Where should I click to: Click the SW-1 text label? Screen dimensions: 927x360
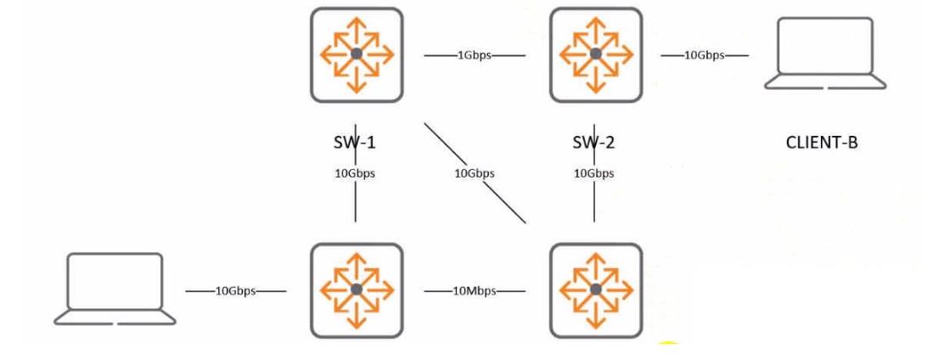355,142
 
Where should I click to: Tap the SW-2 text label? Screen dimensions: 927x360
594,142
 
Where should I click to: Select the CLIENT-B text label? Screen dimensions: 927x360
822,143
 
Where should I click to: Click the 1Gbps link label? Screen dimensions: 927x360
475,55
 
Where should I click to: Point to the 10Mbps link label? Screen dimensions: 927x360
475,291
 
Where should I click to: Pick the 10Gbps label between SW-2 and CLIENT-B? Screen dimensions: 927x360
705,55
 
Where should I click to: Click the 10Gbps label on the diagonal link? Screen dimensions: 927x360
475,174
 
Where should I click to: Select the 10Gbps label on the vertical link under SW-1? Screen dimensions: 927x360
355,174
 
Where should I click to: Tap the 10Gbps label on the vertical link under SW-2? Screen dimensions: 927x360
594,174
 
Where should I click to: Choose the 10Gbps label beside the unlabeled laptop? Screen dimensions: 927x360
235,291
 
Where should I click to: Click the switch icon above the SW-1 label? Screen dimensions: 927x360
357,54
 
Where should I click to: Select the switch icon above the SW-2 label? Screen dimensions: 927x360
596,54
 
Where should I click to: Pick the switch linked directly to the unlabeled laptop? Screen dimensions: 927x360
357,290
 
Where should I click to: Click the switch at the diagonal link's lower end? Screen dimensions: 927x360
596,290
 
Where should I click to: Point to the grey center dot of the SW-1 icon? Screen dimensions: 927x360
357,54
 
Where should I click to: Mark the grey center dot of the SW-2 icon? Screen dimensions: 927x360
596,54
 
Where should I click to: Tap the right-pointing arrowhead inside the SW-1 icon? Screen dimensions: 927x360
388,54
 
